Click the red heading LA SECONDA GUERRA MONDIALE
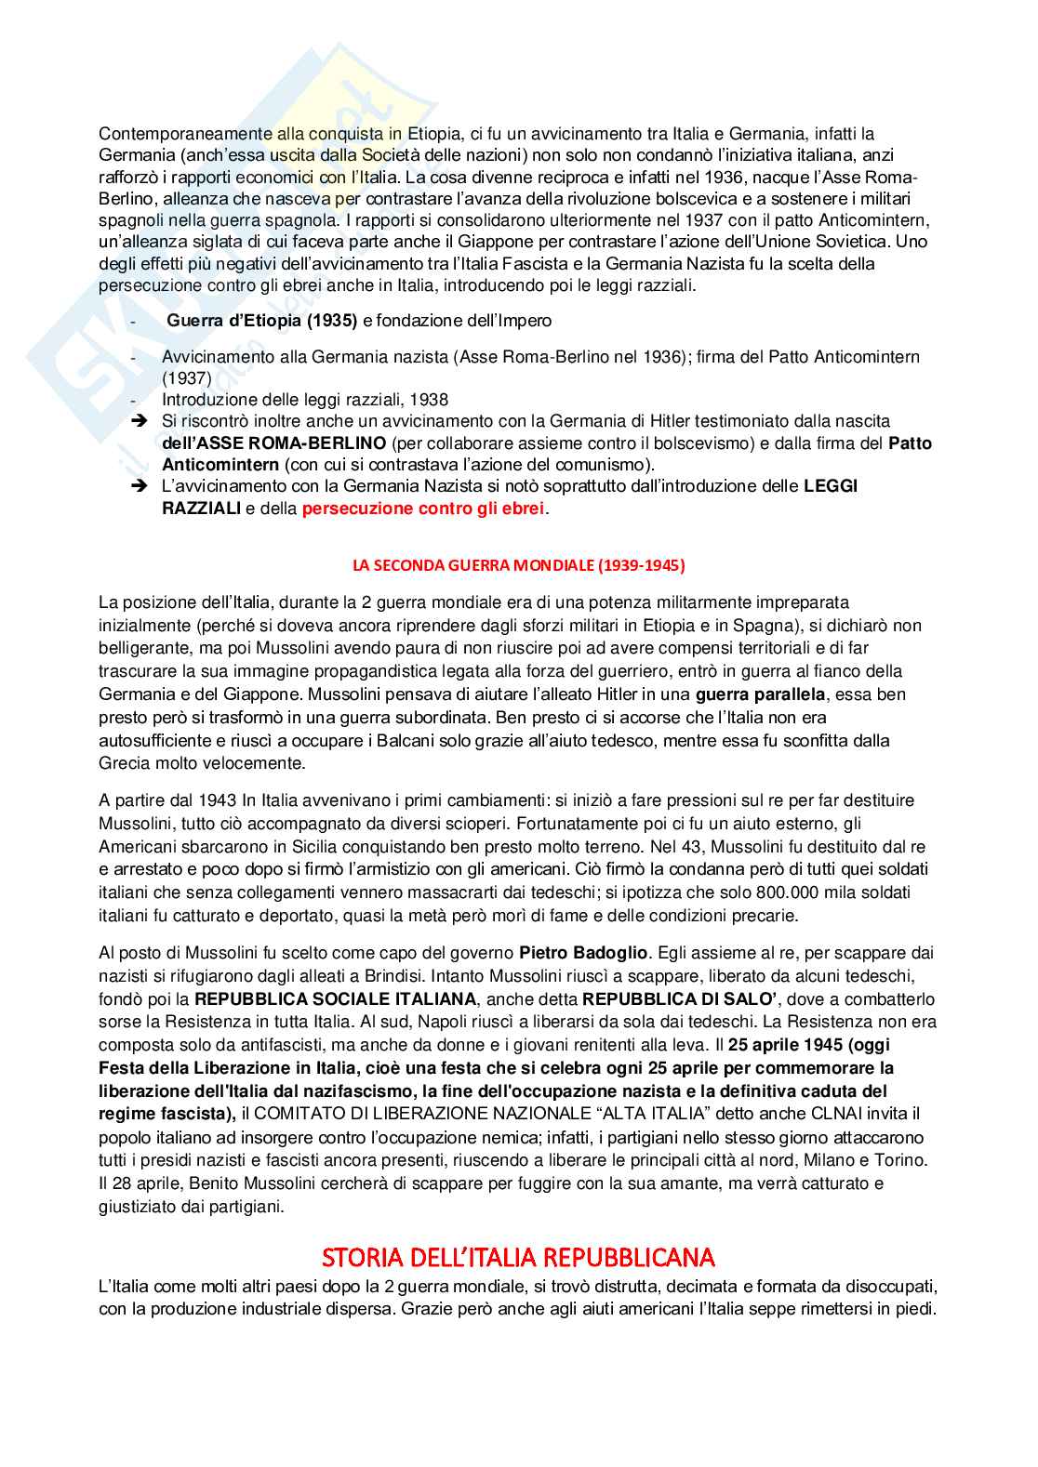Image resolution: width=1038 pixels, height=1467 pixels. (519, 565)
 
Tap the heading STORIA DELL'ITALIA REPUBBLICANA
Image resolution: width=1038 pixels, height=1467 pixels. (518, 1258)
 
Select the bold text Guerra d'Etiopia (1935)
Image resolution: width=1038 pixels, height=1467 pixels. (261, 321)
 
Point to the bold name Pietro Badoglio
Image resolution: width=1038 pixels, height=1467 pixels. (583, 953)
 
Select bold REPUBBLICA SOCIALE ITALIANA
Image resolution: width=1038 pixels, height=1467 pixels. (336, 999)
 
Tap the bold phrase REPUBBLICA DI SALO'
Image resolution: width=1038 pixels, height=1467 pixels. (666, 999)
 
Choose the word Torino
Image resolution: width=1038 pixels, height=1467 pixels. (901, 1160)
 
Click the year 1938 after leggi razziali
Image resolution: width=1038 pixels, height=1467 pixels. (429, 400)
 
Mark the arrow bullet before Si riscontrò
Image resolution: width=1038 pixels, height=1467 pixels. (140, 421)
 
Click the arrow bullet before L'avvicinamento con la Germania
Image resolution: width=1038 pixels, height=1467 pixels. (140, 485)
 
